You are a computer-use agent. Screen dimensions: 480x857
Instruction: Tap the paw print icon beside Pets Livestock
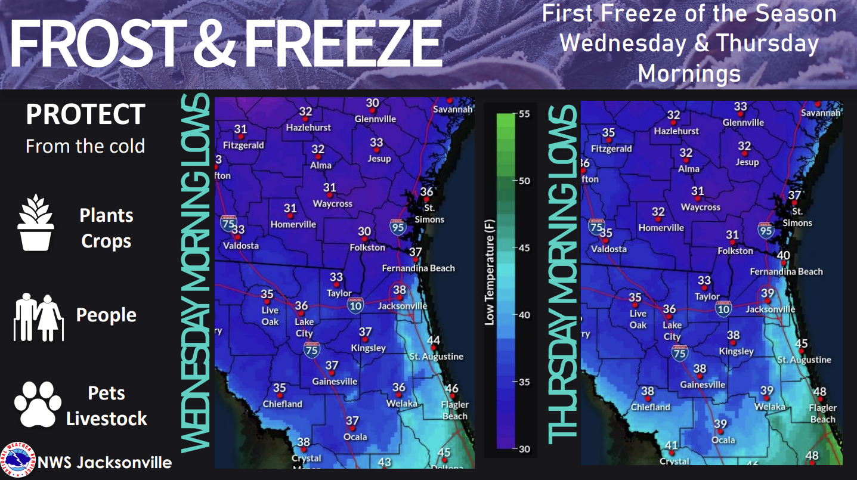[x=38, y=404]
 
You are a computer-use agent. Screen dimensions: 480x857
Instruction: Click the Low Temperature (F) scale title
[x=490, y=280]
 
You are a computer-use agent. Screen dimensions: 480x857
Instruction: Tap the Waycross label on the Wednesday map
[x=333, y=204]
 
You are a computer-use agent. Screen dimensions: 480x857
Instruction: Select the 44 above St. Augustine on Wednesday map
[x=434, y=341]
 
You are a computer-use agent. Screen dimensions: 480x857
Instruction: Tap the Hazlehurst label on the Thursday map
[x=676, y=131]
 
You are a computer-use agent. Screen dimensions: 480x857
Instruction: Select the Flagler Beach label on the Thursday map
[x=823, y=414]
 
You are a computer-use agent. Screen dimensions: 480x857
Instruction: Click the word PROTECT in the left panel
[x=85, y=114]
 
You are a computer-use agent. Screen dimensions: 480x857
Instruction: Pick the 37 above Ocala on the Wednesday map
[x=352, y=422]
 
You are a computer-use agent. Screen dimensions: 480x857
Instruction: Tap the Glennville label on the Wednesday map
[x=375, y=119]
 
